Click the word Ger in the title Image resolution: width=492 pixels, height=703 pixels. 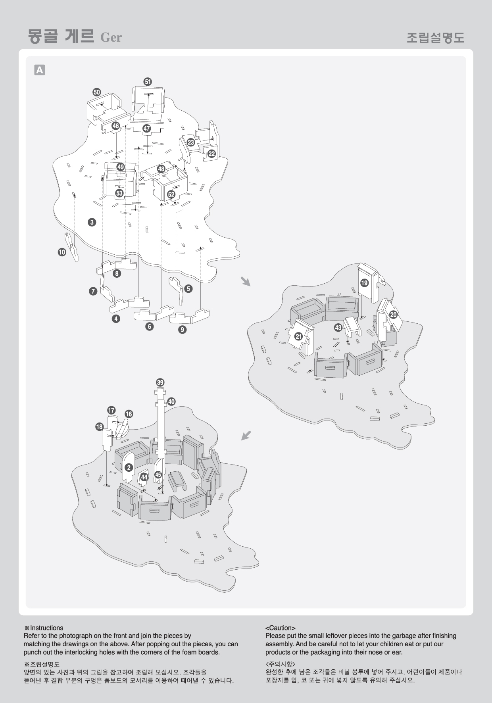coord(111,37)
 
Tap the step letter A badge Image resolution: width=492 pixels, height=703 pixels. coord(40,70)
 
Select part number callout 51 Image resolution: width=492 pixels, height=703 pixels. coord(148,82)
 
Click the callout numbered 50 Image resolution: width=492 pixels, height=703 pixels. coord(97,92)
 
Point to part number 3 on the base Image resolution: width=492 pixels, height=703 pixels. coord(92,222)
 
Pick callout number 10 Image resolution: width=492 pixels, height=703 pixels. coord(62,252)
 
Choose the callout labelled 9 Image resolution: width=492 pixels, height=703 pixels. coord(183,329)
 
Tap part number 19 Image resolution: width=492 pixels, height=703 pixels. coord(364,283)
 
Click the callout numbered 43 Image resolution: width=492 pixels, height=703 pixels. coord(338,328)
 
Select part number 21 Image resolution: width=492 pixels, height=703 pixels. coord(299,337)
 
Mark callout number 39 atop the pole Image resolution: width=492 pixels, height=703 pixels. coord(160,382)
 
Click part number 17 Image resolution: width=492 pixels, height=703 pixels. coord(111,410)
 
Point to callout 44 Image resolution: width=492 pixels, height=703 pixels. coord(144,477)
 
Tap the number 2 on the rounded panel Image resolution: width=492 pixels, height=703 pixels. coord(129,468)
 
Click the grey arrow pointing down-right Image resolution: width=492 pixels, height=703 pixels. coord(246,281)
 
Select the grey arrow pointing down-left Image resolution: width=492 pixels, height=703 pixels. coord(246,435)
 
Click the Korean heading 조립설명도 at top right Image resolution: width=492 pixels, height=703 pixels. coord(435,38)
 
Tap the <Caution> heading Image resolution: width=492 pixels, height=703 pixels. coord(281,628)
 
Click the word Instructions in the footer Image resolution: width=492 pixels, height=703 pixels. coord(47,628)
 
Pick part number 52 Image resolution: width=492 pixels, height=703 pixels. coord(171,194)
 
